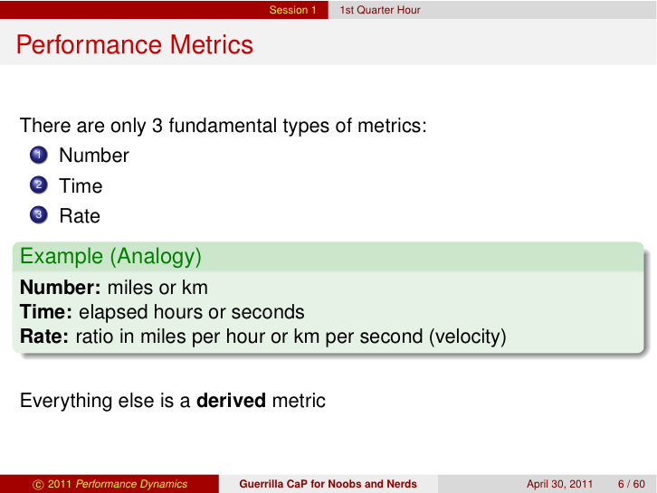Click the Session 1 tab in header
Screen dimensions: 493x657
point(292,10)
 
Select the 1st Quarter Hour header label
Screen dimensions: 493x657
point(380,10)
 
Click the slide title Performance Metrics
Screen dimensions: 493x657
point(135,44)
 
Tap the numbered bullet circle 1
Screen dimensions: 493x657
point(37,156)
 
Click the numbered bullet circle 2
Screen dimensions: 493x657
point(37,186)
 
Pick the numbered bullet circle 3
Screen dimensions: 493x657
point(37,216)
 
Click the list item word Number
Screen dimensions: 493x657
point(94,156)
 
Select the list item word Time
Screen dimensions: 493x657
point(81,186)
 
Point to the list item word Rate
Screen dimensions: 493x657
point(80,216)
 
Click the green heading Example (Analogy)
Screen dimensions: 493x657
point(110,256)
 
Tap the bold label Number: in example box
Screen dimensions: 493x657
point(61,288)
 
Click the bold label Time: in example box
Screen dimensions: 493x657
point(47,312)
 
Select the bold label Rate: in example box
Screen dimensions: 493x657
point(45,337)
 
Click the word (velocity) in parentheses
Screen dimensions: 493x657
point(468,337)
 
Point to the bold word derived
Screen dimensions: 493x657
point(232,400)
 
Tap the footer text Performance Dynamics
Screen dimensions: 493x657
point(131,484)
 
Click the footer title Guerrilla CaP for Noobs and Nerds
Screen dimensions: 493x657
point(328,484)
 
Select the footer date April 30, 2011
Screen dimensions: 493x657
point(560,484)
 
